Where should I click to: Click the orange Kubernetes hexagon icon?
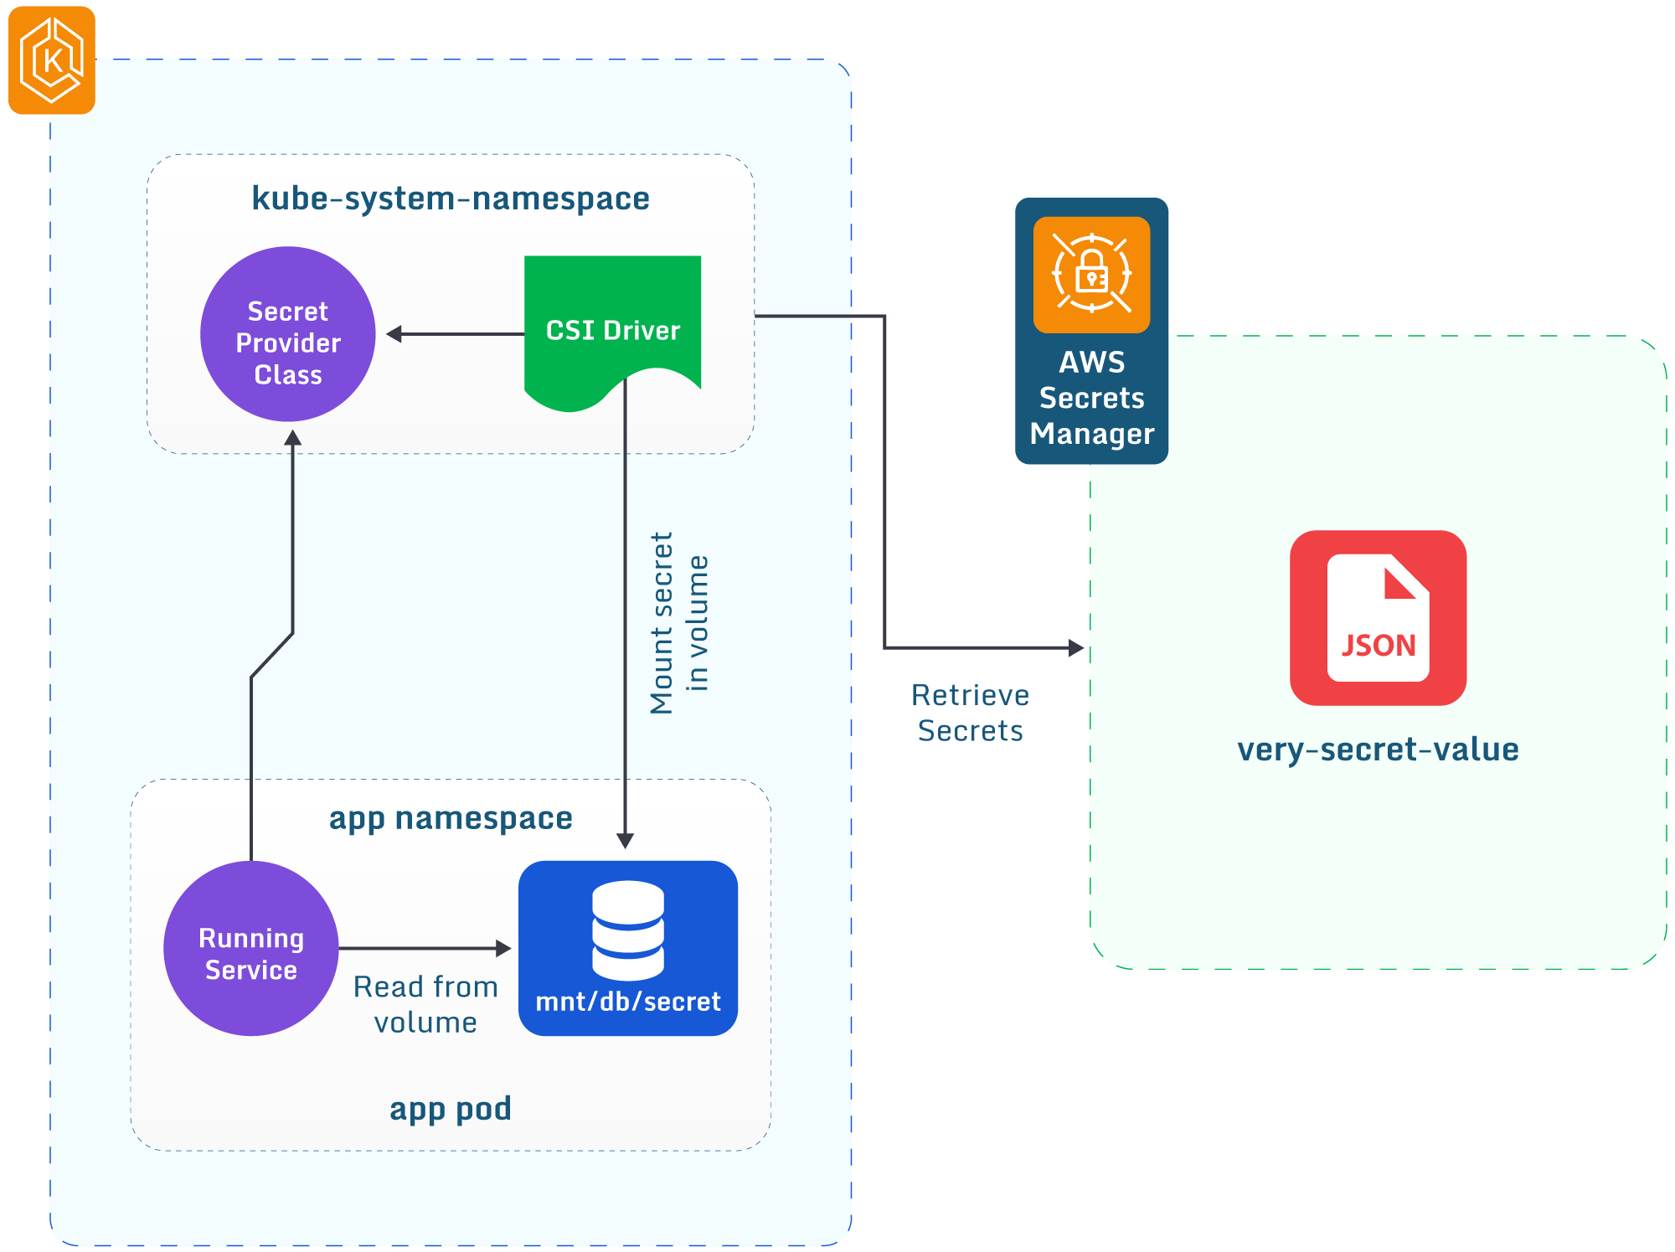52,60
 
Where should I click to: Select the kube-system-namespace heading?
451,199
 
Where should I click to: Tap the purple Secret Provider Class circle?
288,334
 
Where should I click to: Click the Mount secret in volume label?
679,623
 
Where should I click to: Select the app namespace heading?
451,818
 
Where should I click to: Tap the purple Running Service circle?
251,949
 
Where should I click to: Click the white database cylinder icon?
628,930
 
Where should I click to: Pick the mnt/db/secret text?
628,1002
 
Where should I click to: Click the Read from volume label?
425,1004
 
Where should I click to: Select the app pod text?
451,1109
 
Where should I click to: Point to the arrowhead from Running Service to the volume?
503,948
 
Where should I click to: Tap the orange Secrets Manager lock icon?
1091,275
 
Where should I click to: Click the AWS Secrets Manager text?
1091,398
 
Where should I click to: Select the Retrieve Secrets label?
970,713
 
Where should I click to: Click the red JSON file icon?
1378,618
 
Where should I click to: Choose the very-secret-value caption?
1378,750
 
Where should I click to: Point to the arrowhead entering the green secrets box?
1076,647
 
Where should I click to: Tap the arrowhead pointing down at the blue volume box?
625,840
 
